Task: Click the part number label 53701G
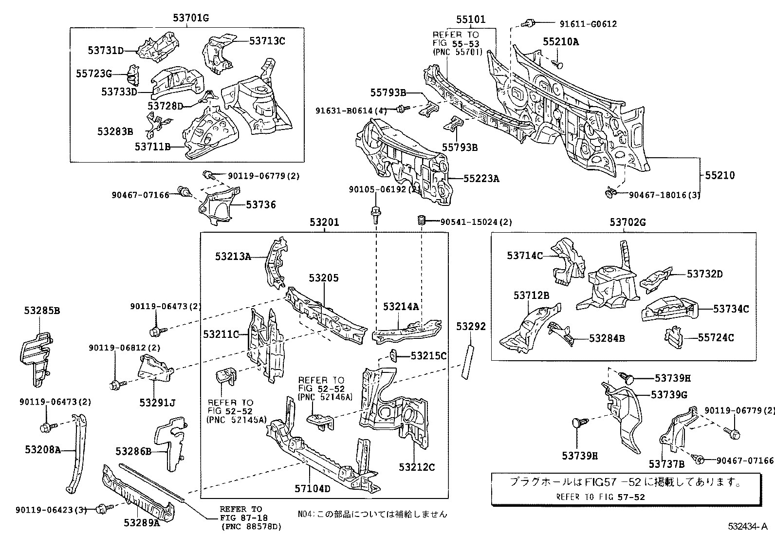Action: coord(191,18)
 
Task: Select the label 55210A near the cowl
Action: coord(561,42)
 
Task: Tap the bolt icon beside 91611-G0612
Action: coord(528,23)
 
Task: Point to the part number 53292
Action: coord(471,327)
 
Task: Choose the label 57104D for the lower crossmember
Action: coord(313,489)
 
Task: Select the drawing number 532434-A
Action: coord(748,527)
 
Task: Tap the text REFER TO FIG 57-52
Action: coord(600,497)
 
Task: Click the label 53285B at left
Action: coord(42,310)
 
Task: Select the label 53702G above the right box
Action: coord(627,222)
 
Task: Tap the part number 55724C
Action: coord(716,337)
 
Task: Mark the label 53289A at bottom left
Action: coord(142,523)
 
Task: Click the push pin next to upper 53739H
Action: coord(629,377)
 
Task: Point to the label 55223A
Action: coord(481,179)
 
